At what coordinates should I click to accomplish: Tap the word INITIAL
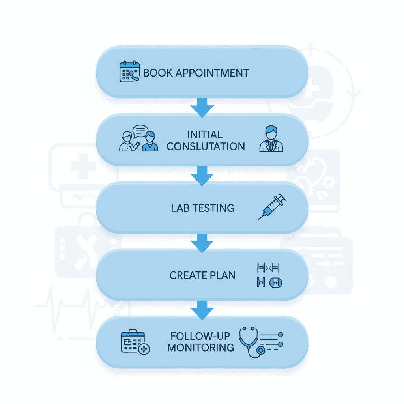click(205, 135)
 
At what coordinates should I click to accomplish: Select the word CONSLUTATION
click(206, 147)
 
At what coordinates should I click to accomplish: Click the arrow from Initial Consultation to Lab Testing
click(202, 176)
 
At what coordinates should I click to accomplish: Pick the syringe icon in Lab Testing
click(272, 207)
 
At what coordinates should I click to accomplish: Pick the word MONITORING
click(200, 348)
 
